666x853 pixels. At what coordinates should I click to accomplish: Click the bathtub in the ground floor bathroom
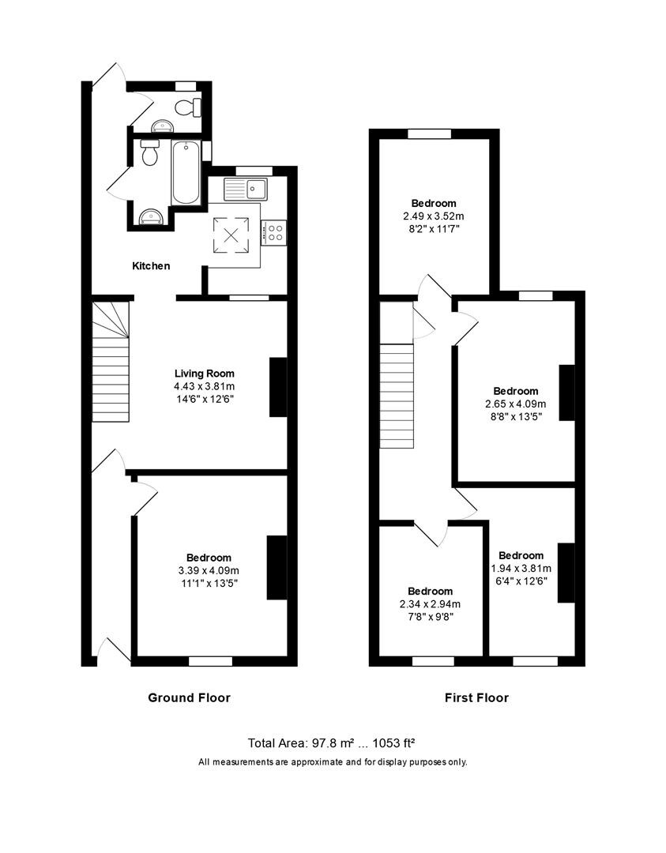pos(186,172)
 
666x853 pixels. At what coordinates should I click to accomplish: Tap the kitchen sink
pos(246,189)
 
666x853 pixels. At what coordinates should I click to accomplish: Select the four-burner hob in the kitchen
pos(275,232)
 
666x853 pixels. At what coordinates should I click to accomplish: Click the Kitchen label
pos(150,266)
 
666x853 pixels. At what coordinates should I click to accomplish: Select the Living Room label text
pos(205,374)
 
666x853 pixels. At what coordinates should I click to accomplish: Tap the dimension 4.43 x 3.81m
pos(205,386)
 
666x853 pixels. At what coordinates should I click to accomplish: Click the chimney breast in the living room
pos(278,387)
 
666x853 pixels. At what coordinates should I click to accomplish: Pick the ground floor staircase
pos(111,363)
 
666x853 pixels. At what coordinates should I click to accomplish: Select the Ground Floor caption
pos(189,697)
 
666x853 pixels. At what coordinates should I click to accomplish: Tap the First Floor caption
pos(476,697)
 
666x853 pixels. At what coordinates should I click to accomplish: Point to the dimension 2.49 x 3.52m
pos(433,216)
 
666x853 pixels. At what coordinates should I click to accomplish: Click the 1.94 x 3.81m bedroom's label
pos(521,555)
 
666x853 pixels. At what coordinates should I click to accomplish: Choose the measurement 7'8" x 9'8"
pos(430,617)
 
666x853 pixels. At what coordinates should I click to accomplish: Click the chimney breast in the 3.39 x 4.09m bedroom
pos(277,568)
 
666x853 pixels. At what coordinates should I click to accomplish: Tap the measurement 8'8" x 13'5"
pos(515,415)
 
